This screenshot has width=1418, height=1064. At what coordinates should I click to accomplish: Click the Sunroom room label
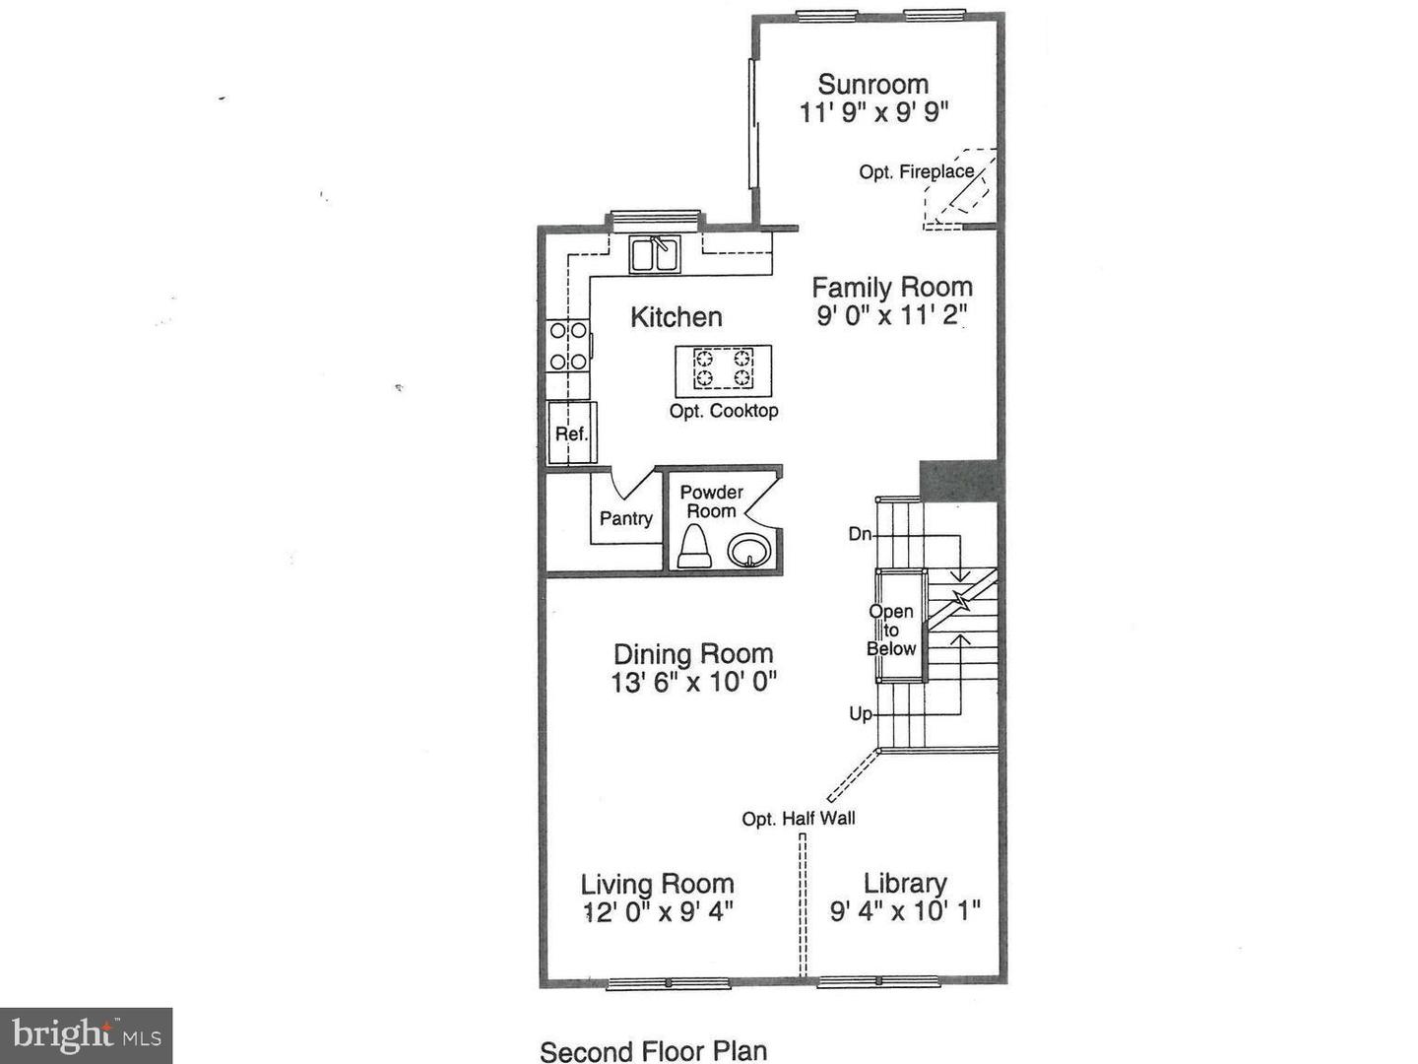872,85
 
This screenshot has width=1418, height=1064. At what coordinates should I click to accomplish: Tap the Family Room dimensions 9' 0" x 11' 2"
892,315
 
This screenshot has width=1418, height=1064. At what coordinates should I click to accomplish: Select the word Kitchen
676,317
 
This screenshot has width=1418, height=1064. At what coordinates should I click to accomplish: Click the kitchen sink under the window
655,254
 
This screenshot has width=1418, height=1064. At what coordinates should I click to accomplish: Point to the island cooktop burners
723,367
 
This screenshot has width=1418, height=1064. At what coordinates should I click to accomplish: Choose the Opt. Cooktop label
724,411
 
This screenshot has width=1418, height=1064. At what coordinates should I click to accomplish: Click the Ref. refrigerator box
571,433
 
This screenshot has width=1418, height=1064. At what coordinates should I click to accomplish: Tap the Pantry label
625,518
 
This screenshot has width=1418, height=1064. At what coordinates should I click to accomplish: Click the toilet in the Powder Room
694,547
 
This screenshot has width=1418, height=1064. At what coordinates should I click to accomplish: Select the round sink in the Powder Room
750,550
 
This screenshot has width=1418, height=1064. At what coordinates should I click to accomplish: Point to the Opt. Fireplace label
916,172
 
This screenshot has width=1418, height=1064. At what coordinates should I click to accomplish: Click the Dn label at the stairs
860,534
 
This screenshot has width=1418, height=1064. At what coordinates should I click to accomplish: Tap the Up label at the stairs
861,713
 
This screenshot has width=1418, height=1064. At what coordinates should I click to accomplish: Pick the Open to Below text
891,631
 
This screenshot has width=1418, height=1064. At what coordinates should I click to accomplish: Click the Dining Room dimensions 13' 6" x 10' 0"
694,682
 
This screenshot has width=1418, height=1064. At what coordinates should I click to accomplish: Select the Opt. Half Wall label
799,819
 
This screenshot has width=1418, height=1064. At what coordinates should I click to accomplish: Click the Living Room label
657,884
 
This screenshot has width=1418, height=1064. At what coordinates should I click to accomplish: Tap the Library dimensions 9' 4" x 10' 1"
905,911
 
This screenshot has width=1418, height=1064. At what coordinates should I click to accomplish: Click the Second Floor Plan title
653,1051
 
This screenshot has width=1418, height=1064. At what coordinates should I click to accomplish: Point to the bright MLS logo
87,1035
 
